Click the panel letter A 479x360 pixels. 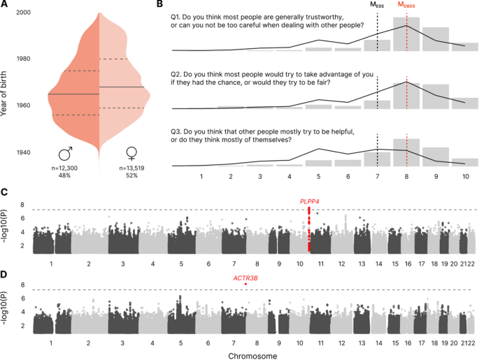(x=4, y=5)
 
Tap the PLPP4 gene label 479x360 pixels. (x=309, y=201)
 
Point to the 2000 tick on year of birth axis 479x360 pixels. (x=23, y=14)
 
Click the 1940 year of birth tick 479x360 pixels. (x=23, y=152)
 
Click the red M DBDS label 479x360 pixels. (x=407, y=6)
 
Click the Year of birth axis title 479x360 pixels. (x=6, y=82)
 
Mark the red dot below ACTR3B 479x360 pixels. (x=246, y=285)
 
